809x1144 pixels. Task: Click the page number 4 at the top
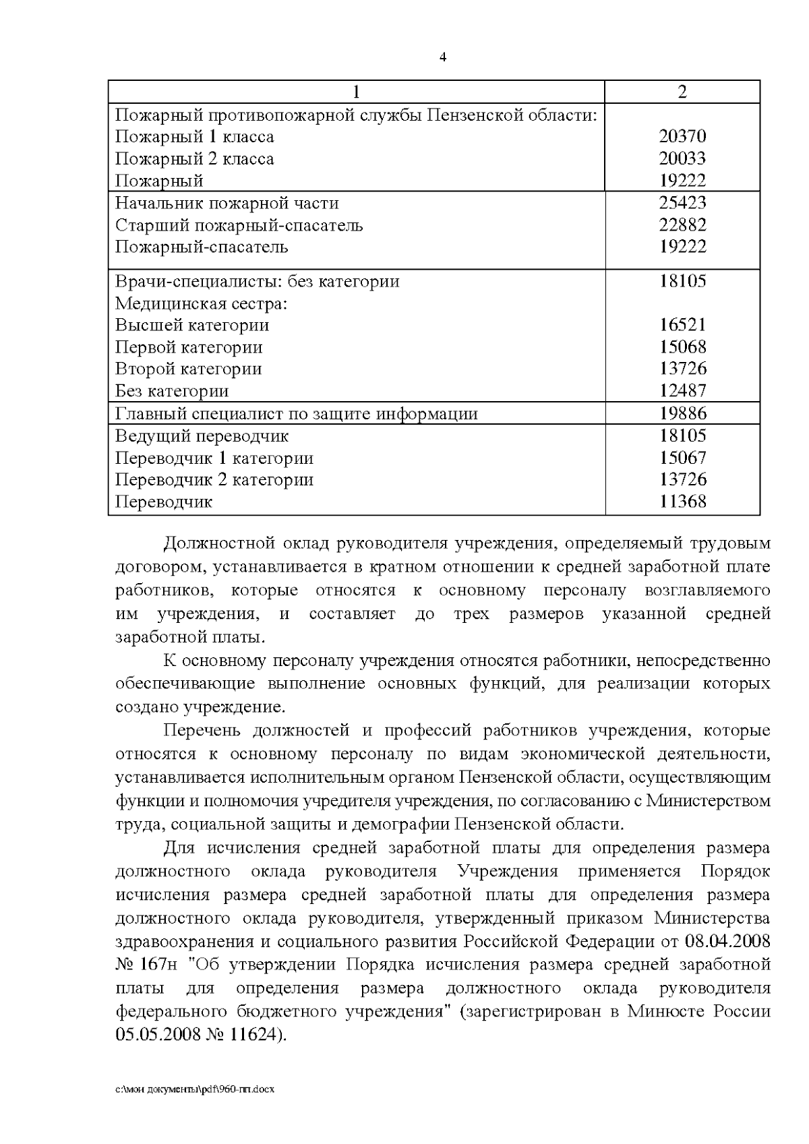[x=443, y=57]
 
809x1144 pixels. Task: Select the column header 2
[x=682, y=92]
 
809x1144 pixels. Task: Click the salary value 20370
[x=682, y=137]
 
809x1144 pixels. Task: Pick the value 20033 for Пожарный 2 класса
[x=682, y=159]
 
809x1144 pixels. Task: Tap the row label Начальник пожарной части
[x=227, y=204]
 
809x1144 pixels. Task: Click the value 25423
[x=682, y=203]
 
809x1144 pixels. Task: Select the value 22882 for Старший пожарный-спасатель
[x=682, y=225]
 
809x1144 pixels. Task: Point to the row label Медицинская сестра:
[x=202, y=304]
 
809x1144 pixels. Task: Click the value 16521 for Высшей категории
[x=682, y=325]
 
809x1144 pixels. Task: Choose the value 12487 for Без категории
[x=682, y=391]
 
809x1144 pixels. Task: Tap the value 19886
[x=682, y=413]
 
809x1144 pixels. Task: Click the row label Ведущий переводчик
[x=202, y=436]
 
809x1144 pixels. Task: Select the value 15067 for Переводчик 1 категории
[x=682, y=458]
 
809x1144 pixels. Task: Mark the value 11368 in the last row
[x=682, y=502]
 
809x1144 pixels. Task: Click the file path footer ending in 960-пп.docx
[x=195, y=1089]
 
